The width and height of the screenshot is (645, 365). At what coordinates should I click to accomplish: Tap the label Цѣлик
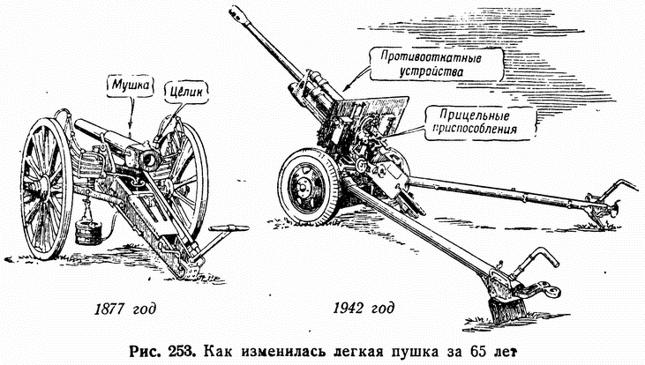182,86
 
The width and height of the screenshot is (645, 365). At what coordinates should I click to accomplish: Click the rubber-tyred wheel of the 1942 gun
305,184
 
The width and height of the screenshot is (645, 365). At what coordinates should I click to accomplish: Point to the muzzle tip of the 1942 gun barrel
236,12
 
